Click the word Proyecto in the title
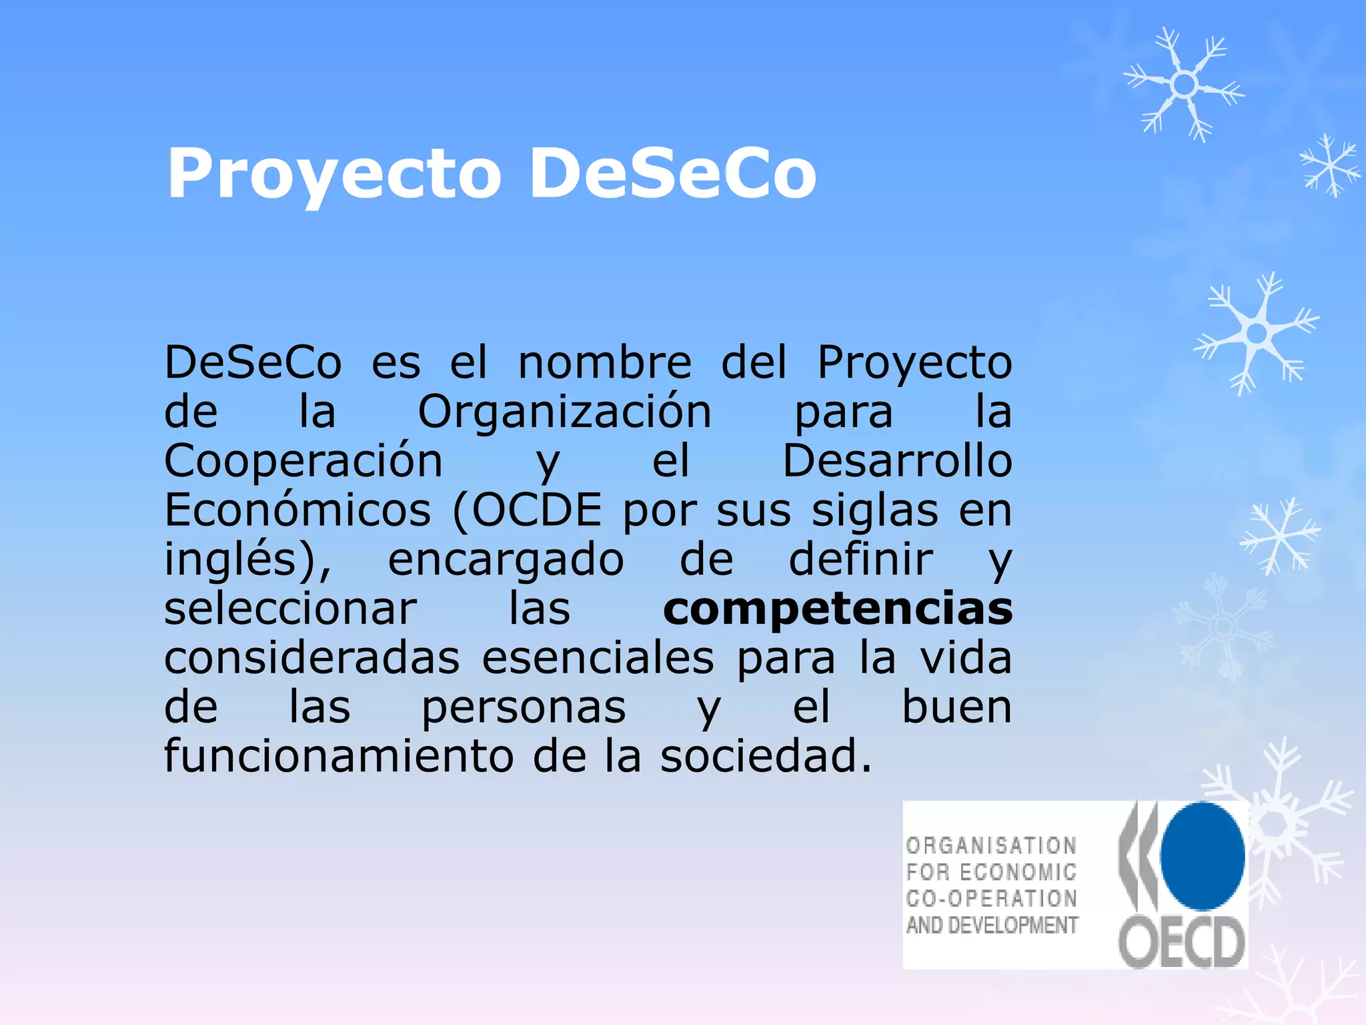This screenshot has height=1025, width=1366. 333,175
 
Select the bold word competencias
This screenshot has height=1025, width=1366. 838,609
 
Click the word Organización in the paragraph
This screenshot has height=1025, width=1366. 564,412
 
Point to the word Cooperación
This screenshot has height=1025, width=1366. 303,462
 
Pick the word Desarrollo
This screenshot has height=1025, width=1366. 897,462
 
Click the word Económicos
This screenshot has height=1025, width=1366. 297,511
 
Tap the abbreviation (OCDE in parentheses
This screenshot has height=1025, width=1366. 527,511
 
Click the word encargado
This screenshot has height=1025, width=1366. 506,561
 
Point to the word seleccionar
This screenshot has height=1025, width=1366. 290,610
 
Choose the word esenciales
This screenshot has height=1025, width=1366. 598,659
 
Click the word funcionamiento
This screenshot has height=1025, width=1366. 339,757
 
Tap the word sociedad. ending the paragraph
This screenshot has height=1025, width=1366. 766,757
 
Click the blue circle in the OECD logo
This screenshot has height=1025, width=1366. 1202,856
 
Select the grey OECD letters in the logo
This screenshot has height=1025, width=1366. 1181,942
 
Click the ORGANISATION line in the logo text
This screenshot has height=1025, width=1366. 991,846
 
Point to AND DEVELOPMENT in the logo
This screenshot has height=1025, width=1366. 992,926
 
